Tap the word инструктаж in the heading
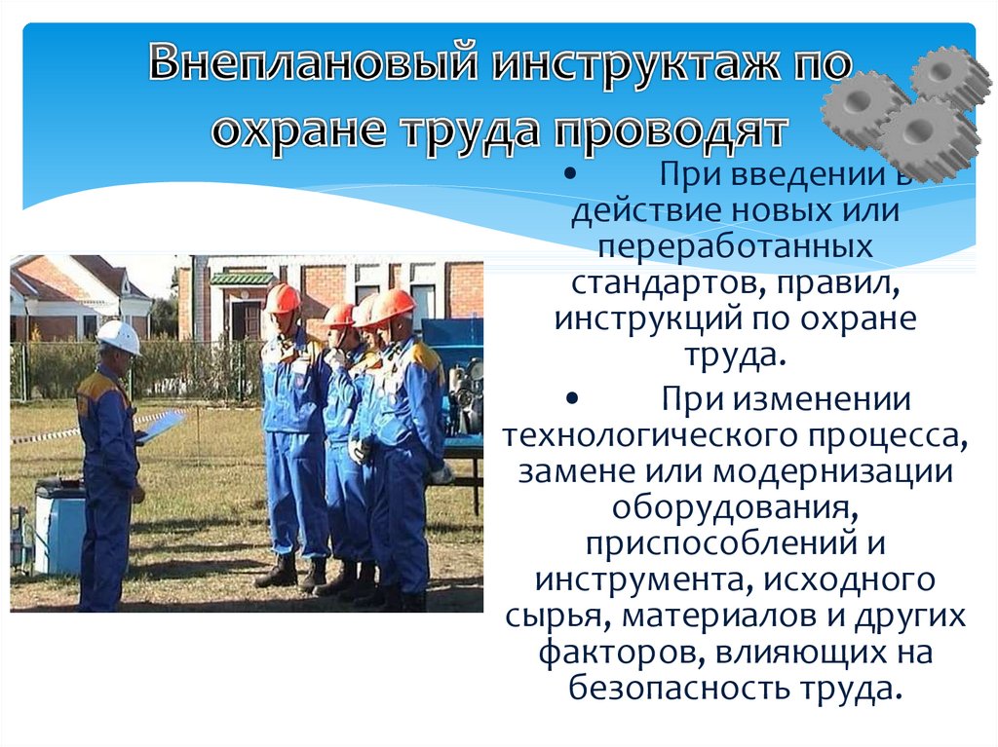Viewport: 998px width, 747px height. coord(635,63)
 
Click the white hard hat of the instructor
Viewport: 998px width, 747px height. coord(119,337)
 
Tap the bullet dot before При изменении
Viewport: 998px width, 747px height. coord(571,399)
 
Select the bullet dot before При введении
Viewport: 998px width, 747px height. coord(571,174)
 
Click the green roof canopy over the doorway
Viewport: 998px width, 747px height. coord(242,278)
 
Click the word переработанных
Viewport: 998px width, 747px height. coord(735,246)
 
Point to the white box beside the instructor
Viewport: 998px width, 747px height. coord(58,528)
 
